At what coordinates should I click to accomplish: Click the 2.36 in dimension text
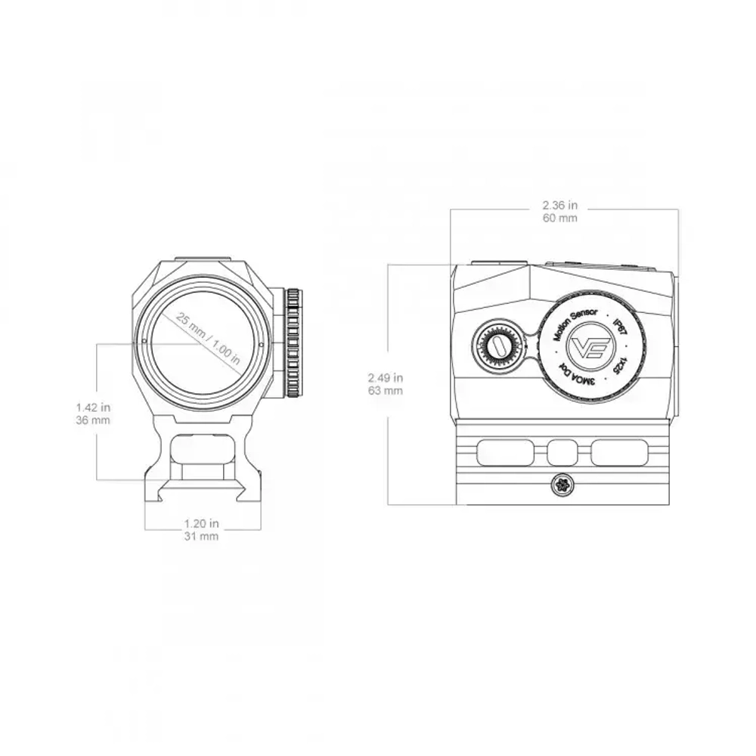pyautogui.click(x=560, y=205)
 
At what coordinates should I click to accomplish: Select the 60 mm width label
pyautogui.click(x=560, y=218)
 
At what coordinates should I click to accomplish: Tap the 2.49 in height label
pyautogui.click(x=386, y=377)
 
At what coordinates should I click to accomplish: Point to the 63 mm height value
pyautogui.click(x=386, y=391)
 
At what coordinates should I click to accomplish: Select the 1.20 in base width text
pyautogui.click(x=202, y=523)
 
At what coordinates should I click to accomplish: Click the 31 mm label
pyautogui.click(x=202, y=536)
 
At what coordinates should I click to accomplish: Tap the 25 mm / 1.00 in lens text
pyautogui.click(x=208, y=338)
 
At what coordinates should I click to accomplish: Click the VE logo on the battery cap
pyautogui.click(x=587, y=348)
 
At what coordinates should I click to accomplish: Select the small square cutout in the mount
pyautogui.click(x=561, y=453)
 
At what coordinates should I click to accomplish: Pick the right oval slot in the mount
pyautogui.click(x=618, y=453)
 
